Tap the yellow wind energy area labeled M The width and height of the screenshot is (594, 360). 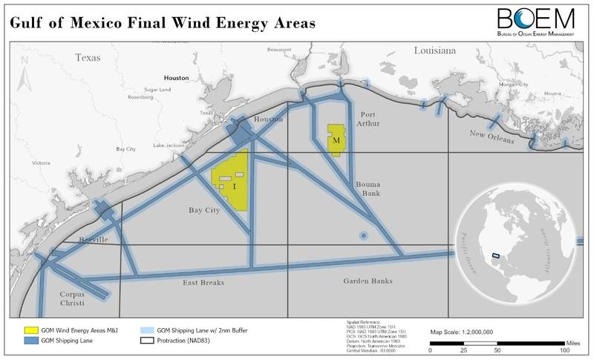pos(337,139)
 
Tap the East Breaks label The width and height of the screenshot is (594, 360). pos(205,283)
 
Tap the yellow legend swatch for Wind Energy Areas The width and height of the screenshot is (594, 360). pos(31,328)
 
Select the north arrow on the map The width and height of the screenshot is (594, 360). pos(22,78)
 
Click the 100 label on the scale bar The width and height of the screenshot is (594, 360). pos(564,350)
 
